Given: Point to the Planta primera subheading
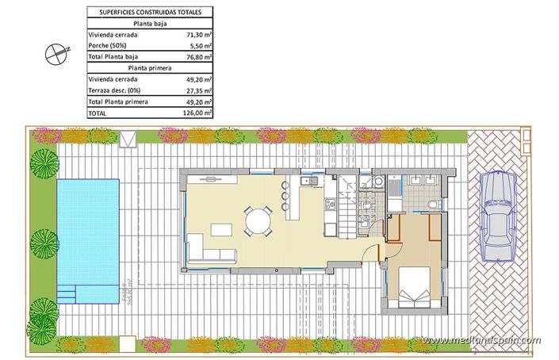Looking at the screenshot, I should [x=150, y=69].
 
